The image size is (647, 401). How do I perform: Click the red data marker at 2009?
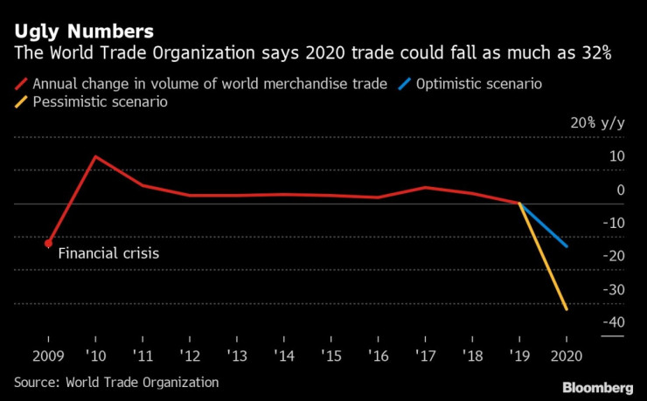click(x=48, y=244)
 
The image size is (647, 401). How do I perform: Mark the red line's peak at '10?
click(x=95, y=156)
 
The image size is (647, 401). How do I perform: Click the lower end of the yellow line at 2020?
click(x=567, y=309)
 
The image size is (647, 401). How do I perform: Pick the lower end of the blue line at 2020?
click(x=567, y=246)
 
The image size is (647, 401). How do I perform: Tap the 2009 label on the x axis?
click(x=48, y=357)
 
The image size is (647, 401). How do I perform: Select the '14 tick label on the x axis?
click(x=284, y=357)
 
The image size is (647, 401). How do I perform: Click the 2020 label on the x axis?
click(x=567, y=357)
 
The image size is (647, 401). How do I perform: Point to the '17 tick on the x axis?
click(x=426, y=357)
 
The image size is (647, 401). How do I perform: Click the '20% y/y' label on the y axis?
click(x=597, y=123)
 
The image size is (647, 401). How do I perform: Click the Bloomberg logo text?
click(x=598, y=386)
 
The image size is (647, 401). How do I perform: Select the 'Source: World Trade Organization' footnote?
click(x=116, y=383)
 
